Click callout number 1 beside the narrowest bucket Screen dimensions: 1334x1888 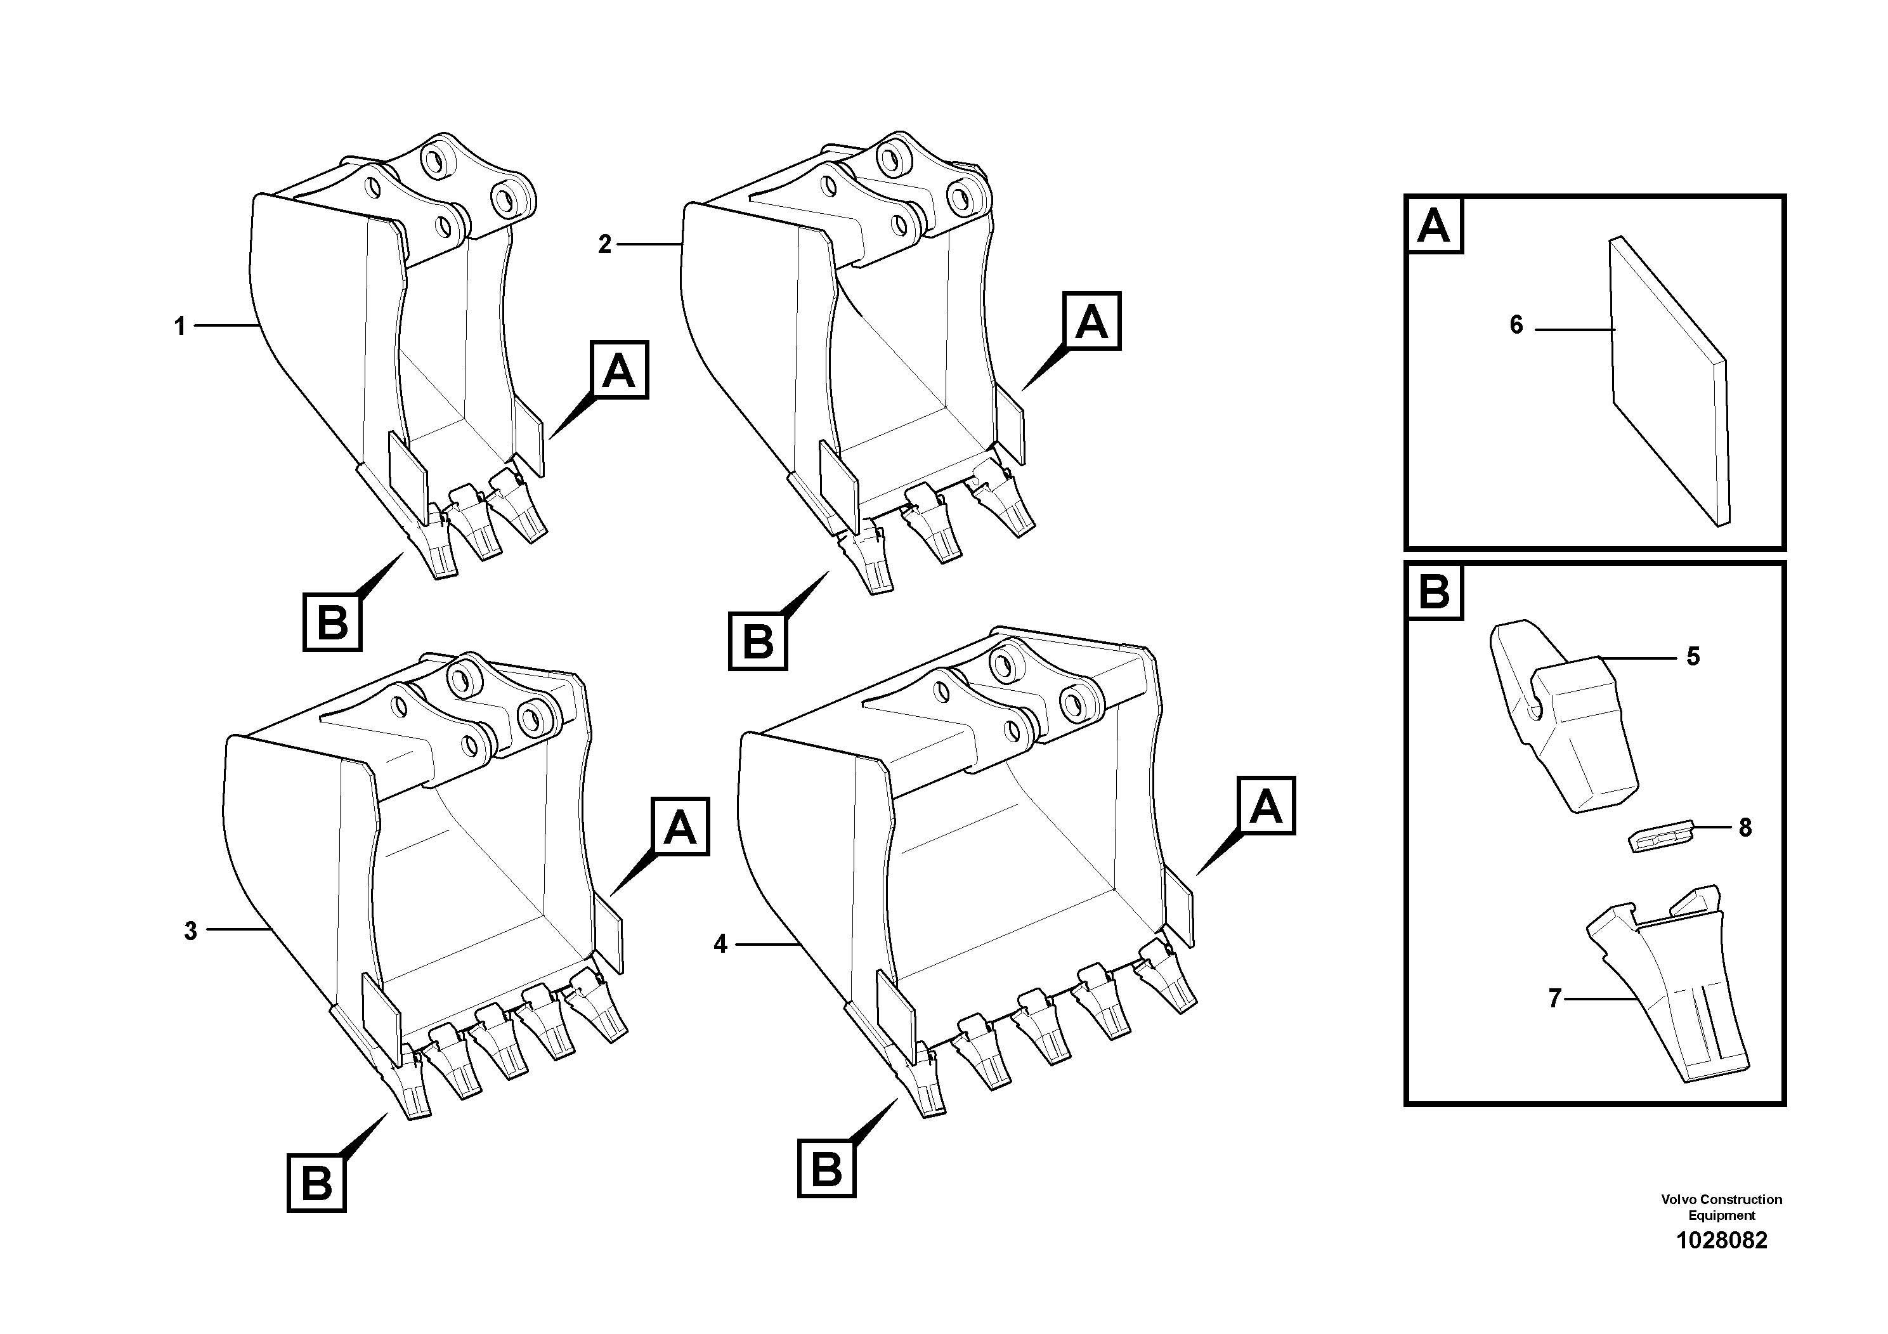(x=179, y=327)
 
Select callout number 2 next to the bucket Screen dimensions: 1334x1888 (x=604, y=244)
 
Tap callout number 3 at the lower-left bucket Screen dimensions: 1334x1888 (x=190, y=931)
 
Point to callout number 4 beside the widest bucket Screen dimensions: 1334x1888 (x=720, y=944)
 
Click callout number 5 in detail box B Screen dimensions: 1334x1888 (x=1692, y=657)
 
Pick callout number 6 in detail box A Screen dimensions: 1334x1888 (x=1516, y=325)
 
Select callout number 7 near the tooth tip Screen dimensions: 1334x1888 (x=1554, y=998)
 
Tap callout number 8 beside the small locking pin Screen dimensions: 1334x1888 (x=1745, y=827)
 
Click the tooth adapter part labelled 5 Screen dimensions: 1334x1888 (x=1563, y=732)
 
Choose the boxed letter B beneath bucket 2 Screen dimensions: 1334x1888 (x=757, y=641)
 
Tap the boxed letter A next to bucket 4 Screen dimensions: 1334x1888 (x=1265, y=806)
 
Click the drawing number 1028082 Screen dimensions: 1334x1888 (x=1721, y=1240)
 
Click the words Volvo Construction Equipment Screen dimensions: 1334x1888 (x=1721, y=1206)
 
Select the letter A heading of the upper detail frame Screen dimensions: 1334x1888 (x=1434, y=225)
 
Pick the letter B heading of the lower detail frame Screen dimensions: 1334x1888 (x=1434, y=591)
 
